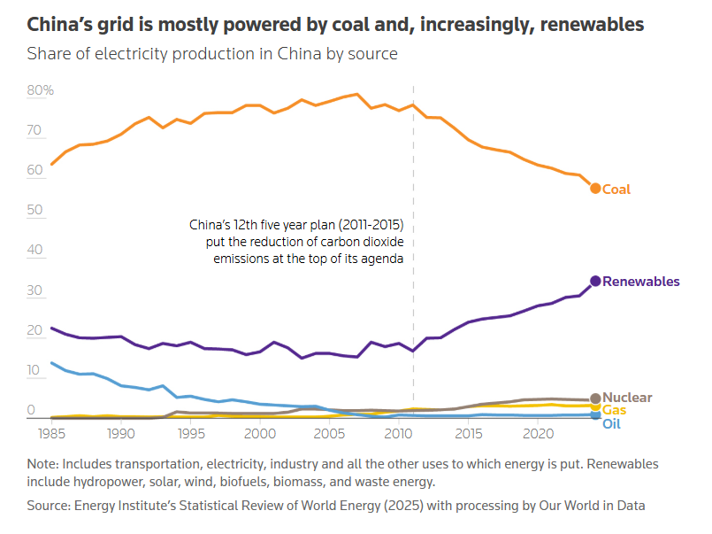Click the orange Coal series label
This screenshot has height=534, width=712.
616,189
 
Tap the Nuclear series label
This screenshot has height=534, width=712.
627,398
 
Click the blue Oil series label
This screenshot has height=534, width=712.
611,424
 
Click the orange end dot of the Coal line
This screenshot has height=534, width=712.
595,188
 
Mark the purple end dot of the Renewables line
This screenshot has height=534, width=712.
595,281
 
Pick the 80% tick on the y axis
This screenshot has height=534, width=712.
41,90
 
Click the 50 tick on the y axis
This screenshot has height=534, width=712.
34,210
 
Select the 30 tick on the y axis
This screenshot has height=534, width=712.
34,290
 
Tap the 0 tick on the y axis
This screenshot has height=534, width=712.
31,410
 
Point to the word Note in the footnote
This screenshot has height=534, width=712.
42,464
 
